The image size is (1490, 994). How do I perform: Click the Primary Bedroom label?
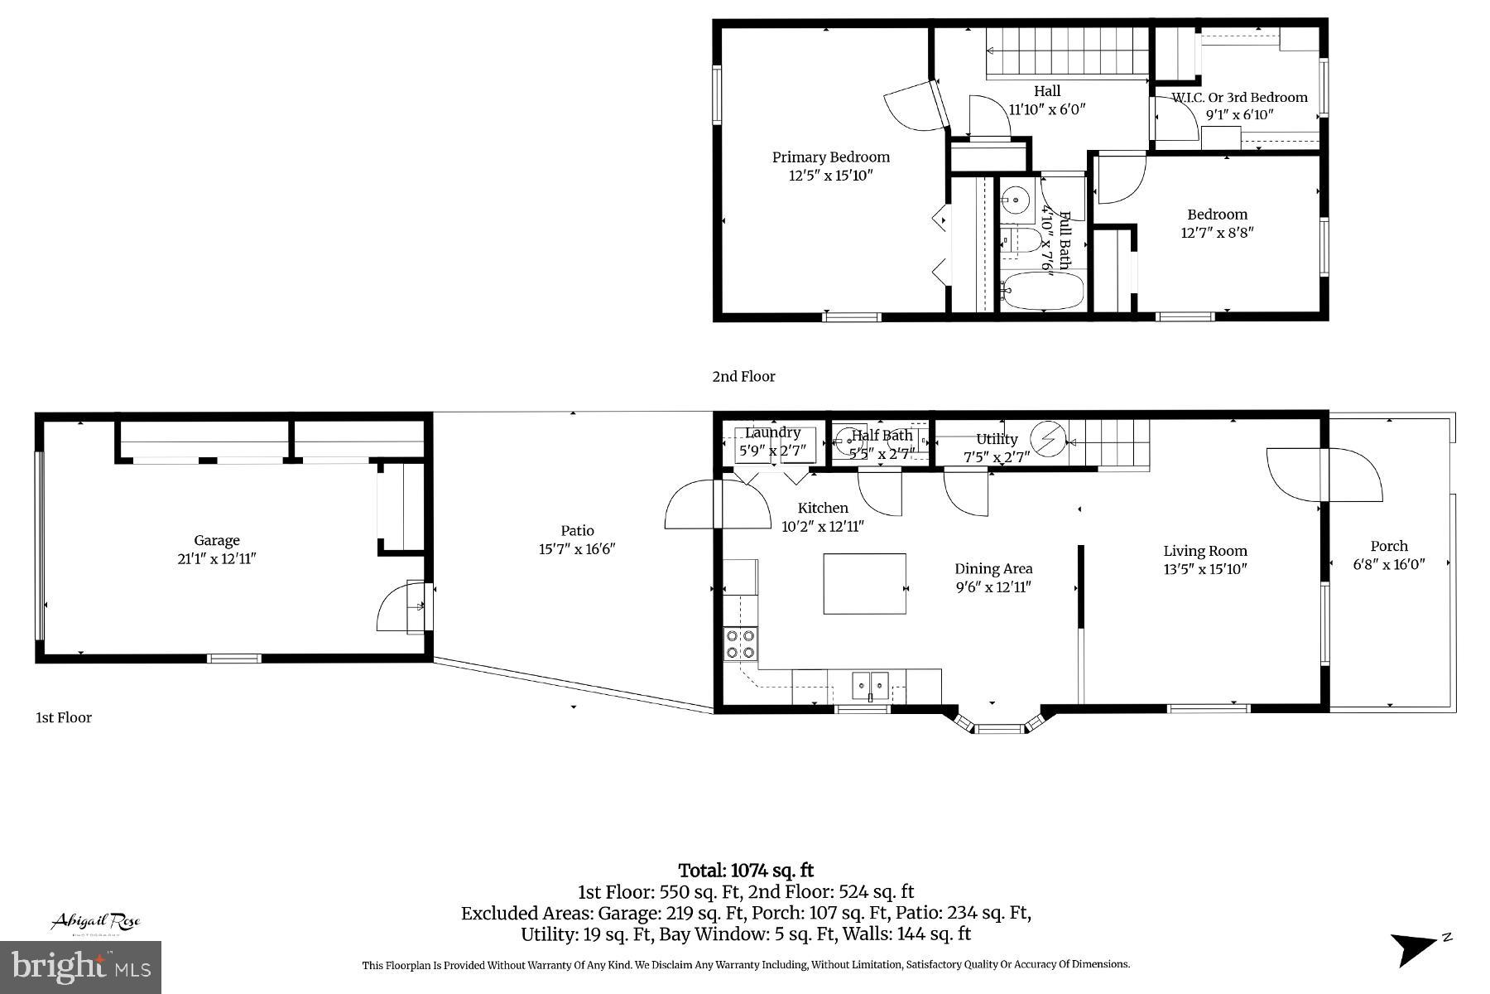830,157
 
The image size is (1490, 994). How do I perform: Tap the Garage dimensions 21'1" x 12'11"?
216,558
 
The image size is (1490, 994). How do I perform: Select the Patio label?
577,530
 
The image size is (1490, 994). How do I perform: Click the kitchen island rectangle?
864,584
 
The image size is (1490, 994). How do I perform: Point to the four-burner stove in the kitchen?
740,644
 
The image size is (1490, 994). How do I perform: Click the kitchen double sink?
870,685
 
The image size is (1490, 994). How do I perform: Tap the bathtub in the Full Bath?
1041,291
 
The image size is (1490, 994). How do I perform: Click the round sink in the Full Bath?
1015,200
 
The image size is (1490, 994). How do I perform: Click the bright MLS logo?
81,967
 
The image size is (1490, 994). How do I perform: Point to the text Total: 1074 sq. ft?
746,871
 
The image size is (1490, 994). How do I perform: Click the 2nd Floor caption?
743,376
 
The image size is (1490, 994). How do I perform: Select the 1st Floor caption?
63,717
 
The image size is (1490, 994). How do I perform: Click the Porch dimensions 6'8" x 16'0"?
1389,564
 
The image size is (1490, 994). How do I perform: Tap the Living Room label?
1204,551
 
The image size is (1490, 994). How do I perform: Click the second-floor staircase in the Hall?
1065,51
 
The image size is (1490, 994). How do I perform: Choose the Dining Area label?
993,568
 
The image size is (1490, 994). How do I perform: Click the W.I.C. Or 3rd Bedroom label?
1238,97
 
